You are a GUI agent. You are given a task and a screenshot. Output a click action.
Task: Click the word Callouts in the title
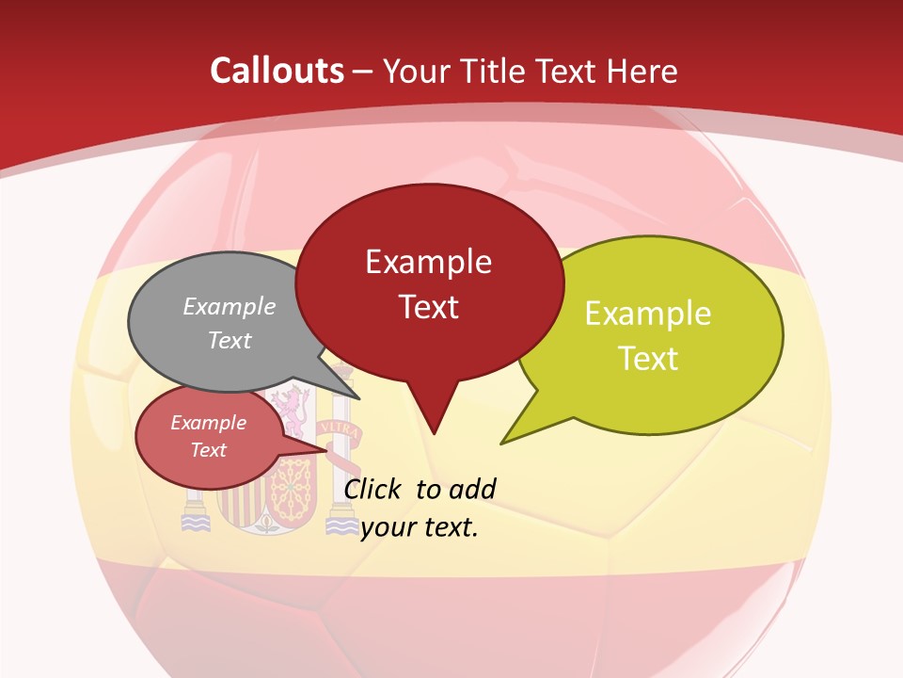click(x=277, y=71)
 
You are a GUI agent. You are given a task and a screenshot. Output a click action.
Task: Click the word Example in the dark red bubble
click(x=428, y=262)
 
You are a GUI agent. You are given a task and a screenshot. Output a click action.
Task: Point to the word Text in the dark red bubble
click(x=428, y=307)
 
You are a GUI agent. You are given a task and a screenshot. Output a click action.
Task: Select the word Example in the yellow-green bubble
click(x=648, y=314)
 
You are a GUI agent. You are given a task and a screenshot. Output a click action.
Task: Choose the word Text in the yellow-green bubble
click(x=648, y=359)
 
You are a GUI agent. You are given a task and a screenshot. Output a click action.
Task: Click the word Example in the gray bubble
click(x=230, y=306)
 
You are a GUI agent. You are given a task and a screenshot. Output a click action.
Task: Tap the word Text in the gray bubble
click(x=230, y=340)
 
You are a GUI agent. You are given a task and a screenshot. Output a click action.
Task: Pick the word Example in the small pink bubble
click(x=209, y=423)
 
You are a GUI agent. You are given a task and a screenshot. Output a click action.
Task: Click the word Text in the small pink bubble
click(x=209, y=450)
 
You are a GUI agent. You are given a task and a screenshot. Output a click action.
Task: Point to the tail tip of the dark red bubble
click(x=434, y=432)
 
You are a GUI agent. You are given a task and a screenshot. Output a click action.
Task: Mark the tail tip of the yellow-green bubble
click(x=503, y=442)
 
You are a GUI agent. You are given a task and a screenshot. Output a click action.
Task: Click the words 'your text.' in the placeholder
click(x=420, y=527)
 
